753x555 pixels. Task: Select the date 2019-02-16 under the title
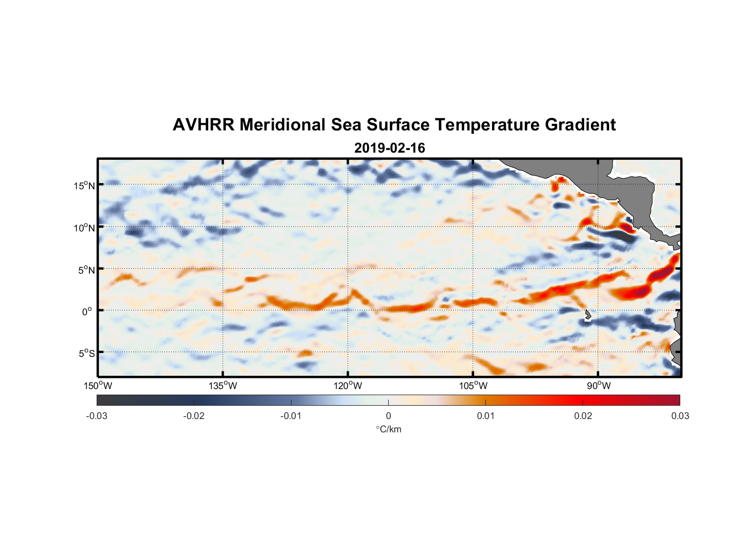389,148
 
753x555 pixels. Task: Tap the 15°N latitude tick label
84,185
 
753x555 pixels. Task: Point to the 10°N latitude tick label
84,228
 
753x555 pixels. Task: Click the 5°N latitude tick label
86,270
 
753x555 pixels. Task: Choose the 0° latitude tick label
87,311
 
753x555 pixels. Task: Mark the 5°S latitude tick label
86,354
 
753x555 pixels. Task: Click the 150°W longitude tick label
98,386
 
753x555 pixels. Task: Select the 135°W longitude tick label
223,386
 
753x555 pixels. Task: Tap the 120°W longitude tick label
348,386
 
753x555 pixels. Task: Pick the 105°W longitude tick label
473,386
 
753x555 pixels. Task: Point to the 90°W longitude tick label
599,386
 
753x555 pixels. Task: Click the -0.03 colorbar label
97,416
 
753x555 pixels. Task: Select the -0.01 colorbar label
291,416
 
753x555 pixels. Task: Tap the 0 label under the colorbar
388,416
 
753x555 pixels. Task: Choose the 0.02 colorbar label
583,416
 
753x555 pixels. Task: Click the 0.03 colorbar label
680,416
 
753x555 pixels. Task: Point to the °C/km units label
388,430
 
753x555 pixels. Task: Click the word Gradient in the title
580,125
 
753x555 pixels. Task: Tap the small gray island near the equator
588,315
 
